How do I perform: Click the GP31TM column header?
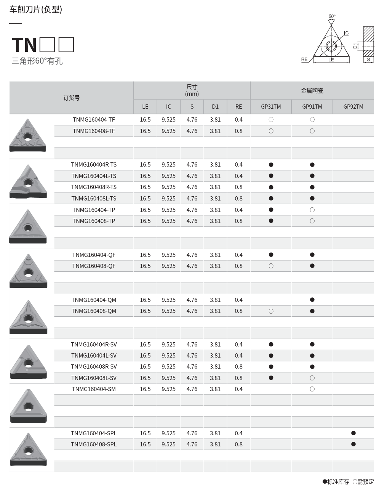point(271,107)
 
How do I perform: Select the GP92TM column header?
point(353,107)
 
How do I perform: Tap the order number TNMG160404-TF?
point(94,120)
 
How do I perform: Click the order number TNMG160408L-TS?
point(94,199)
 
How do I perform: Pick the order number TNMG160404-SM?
point(94,389)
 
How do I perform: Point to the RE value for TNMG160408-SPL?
point(238,444)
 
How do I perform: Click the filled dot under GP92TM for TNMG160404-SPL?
point(353,433)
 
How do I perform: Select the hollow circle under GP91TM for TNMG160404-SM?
point(312,389)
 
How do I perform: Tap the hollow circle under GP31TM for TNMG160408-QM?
point(271,311)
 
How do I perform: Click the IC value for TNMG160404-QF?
point(168,255)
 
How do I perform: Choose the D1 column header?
point(215,107)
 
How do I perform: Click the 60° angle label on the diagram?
point(332,16)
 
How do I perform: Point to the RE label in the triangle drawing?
point(304,59)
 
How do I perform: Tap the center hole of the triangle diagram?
point(331,46)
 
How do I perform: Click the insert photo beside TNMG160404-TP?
point(28,226)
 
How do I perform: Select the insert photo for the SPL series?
point(28,449)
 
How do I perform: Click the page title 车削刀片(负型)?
point(35,10)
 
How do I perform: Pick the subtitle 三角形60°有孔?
point(37,61)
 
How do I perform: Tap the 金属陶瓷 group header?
point(312,91)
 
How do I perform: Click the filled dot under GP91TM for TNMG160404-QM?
point(312,300)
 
